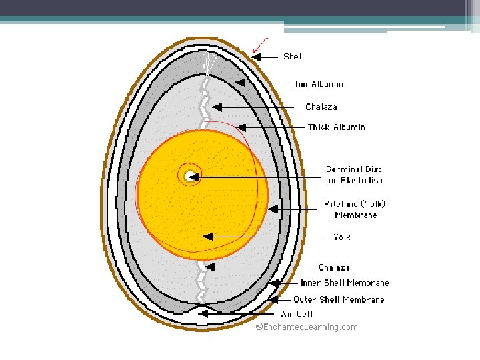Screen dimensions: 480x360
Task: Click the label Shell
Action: click(294, 57)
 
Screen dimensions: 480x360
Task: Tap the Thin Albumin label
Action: click(317, 84)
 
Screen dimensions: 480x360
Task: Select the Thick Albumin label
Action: click(336, 127)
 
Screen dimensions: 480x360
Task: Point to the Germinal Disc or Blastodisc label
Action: click(354, 175)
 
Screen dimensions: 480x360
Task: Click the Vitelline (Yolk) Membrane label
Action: click(355, 209)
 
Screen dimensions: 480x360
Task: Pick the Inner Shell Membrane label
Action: click(345, 283)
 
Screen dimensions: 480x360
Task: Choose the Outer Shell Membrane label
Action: click(339, 299)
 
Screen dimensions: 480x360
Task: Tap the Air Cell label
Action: click(296, 314)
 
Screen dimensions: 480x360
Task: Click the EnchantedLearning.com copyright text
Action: click(307, 327)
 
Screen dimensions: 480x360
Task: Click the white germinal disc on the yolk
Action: click(191, 176)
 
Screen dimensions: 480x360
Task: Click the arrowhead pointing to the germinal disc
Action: click(196, 177)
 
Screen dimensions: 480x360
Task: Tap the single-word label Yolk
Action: click(341, 237)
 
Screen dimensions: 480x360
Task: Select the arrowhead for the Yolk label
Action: click(208, 237)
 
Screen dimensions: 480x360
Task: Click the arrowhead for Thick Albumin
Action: click(242, 127)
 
